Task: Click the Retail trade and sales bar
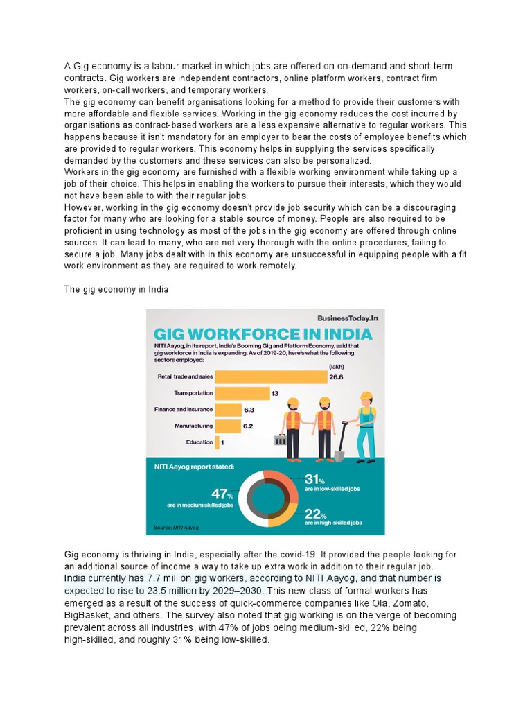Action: (x=271, y=376)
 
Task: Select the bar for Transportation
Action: (x=242, y=393)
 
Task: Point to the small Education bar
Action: (x=218, y=442)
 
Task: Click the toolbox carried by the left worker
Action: (x=281, y=440)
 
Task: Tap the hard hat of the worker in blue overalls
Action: (x=366, y=397)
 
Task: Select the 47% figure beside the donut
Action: (x=222, y=494)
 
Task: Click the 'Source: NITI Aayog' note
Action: (x=177, y=528)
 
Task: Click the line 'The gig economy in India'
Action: (x=116, y=290)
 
